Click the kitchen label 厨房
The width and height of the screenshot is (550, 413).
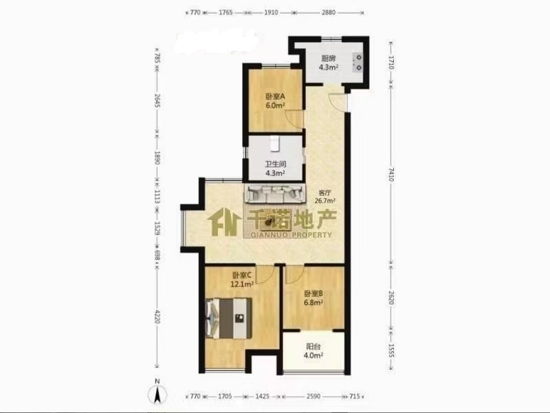[329, 58]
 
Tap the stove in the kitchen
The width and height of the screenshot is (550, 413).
[357, 62]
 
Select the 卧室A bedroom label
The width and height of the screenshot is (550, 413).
[275, 96]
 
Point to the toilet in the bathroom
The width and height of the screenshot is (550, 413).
[274, 144]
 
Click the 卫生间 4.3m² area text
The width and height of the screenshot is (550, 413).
[276, 173]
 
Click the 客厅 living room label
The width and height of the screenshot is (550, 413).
[324, 193]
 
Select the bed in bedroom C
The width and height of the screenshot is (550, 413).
[230, 318]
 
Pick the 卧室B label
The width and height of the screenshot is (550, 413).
[313, 294]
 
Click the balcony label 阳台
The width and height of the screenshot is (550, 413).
[313, 346]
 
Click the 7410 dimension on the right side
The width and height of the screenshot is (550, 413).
[391, 175]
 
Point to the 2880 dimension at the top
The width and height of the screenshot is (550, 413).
[329, 12]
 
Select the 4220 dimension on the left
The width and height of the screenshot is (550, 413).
[157, 316]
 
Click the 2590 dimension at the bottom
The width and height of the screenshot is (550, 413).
[313, 397]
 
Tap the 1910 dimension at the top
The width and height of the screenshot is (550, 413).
[271, 12]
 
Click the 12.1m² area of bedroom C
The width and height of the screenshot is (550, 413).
[242, 284]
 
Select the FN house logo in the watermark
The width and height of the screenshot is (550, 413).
[225, 222]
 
